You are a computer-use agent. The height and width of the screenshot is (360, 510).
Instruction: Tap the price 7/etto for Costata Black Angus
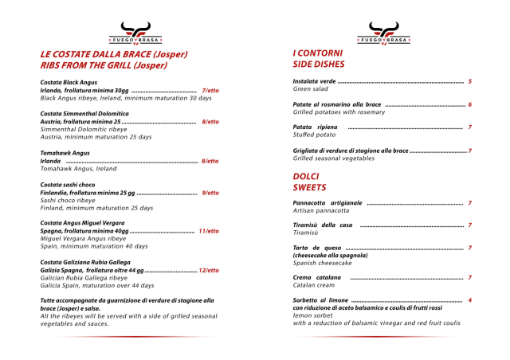[x=210, y=91]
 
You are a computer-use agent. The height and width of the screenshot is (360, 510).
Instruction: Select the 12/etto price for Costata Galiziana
[x=209, y=270]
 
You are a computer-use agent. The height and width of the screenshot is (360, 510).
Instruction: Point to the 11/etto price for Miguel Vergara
[x=209, y=231]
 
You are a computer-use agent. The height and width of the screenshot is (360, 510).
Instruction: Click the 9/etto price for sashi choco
[x=210, y=193]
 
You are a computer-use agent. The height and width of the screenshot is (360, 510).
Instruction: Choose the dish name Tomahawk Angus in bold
[x=65, y=152]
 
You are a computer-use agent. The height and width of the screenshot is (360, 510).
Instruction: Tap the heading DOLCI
[x=306, y=176]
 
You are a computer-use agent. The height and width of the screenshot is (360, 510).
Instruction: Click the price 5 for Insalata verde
[x=470, y=81]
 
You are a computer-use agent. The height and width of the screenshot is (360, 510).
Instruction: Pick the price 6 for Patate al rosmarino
[x=470, y=104]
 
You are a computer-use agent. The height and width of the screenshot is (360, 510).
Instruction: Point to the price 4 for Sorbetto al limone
[x=470, y=299]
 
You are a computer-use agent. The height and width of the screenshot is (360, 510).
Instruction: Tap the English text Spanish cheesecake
[x=322, y=263]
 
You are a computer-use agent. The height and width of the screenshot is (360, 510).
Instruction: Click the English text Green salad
[x=311, y=89]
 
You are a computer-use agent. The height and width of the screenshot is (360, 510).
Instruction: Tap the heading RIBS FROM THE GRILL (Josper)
[x=104, y=65]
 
